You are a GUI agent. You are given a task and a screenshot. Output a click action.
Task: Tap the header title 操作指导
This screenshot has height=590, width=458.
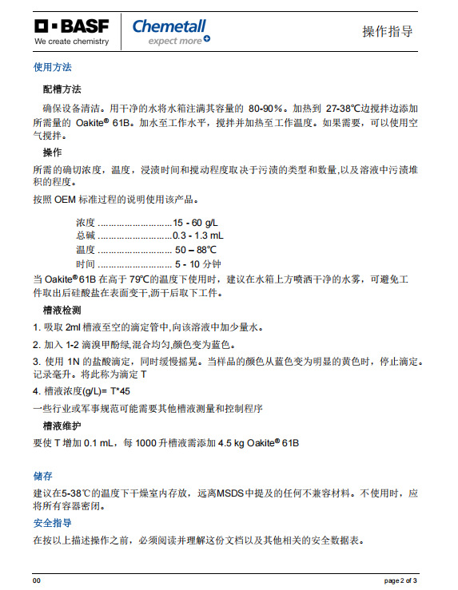click(x=388, y=31)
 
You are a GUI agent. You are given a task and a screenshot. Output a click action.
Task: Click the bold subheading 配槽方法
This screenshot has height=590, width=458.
click(x=62, y=89)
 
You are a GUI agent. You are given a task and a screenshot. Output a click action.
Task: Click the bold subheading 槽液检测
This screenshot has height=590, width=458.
click(x=62, y=309)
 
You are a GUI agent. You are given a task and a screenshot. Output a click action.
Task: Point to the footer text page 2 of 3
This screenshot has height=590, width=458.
click(x=400, y=580)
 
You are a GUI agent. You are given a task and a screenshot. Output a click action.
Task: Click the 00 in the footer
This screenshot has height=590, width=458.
click(x=37, y=580)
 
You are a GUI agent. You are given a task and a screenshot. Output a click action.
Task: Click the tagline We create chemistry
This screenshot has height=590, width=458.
click(x=71, y=41)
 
